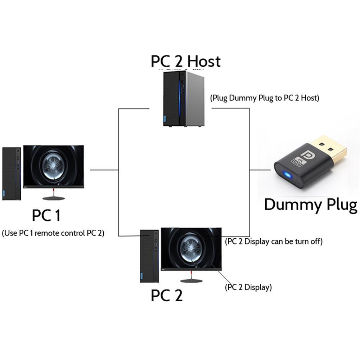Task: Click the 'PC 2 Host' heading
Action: [185, 62]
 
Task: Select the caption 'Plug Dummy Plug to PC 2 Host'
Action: [265, 98]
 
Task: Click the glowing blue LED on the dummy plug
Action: [287, 175]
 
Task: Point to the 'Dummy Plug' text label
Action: [310, 204]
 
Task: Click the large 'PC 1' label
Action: [46, 216]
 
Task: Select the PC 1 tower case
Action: [12, 173]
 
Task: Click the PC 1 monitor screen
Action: [53, 165]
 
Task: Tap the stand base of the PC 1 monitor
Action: [54, 198]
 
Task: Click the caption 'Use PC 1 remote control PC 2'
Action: [53, 233]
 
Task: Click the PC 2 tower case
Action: [149, 256]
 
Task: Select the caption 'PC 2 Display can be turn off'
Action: [273, 242]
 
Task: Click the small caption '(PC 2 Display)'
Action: [248, 288]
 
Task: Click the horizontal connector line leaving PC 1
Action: [104, 170]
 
